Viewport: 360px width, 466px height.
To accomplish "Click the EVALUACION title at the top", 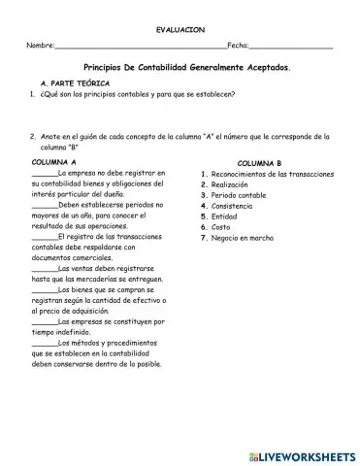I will point(180,30).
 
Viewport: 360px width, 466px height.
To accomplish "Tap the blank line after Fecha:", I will point(291,48).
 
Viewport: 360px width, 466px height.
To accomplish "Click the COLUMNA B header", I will point(259,163).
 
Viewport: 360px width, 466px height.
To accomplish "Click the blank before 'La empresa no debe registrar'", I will point(44,173).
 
